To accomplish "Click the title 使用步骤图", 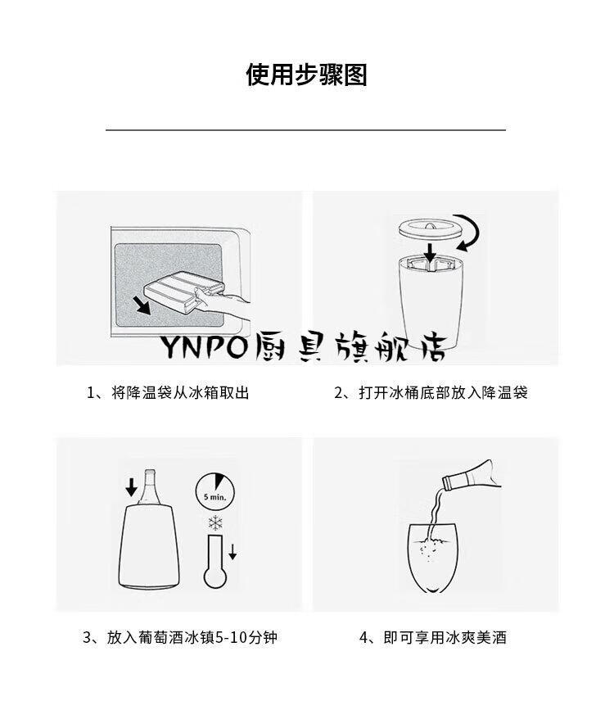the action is click(x=306, y=75).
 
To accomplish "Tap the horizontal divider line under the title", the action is click(x=305, y=130).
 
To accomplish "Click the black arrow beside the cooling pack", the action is click(x=144, y=305).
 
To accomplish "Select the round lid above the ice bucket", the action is click(x=428, y=230).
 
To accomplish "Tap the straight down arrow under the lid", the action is click(x=430, y=252).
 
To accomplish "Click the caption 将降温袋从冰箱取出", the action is click(x=180, y=393).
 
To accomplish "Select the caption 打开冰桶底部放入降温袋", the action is click(x=443, y=393).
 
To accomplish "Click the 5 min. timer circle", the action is click(x=215, y=491).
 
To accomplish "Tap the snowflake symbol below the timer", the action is click(x=215, y=523).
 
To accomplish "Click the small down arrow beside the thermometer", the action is click(x=233, y=552).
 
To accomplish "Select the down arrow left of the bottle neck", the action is click(x=131, y=487).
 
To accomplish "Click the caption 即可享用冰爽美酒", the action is click(x=445, y=637).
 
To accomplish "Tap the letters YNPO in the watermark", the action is click(x=204, y=346).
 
